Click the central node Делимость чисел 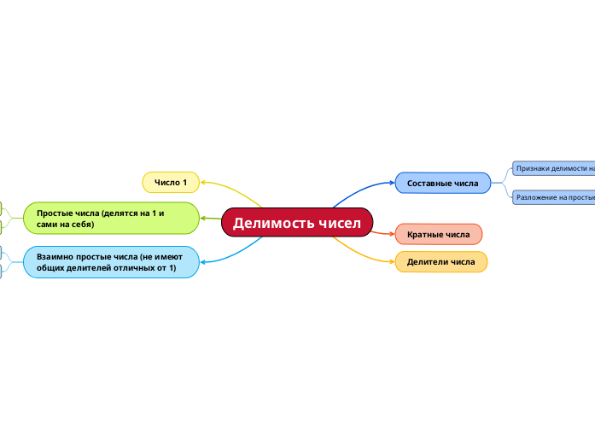click(297, 223)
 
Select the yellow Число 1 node click(170, 182)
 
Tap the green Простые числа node click(111, 218)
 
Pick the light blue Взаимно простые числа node click(111, 262)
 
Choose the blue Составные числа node click(442, 183)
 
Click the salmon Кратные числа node click(438, 234)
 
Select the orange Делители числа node click(440, 261)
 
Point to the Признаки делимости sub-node click(553, 168)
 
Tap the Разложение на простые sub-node click(553, 197)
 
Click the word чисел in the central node click(340, 223)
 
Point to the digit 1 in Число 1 click(184, 182)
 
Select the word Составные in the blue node click(429, 183)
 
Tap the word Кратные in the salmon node click(424, 234)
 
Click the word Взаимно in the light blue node click(54, 256)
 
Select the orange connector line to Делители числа click(363, 253)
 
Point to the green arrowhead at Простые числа click(203, 219)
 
